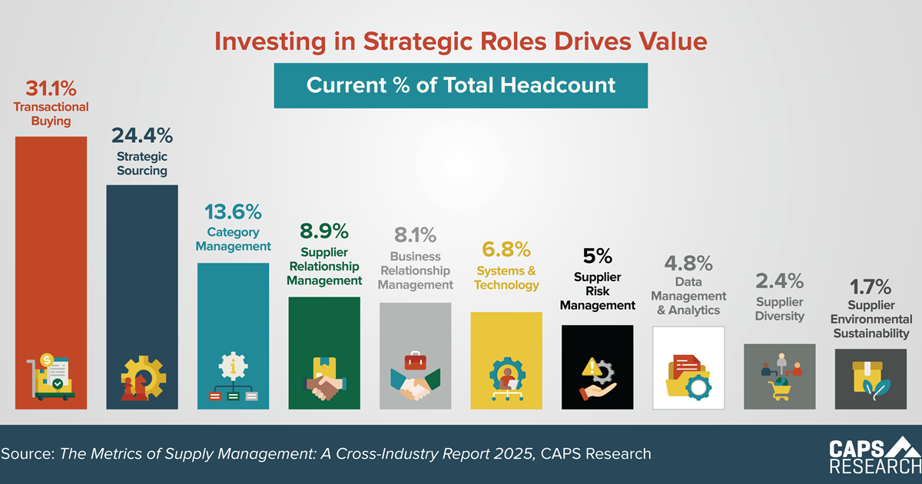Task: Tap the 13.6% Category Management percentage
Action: click(233, 212)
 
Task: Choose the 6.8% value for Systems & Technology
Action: click(506, 249)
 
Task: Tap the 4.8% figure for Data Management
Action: click(688, 263)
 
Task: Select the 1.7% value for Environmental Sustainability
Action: click(871, 287)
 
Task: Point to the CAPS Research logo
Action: click(874, 456)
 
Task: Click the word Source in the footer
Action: click(26, 454)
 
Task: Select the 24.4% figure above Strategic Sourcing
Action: click(142, 136)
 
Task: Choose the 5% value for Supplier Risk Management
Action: click(598, 255)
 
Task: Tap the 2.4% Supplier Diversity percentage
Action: click(780, 280)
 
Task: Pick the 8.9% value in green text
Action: click(324, 230)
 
